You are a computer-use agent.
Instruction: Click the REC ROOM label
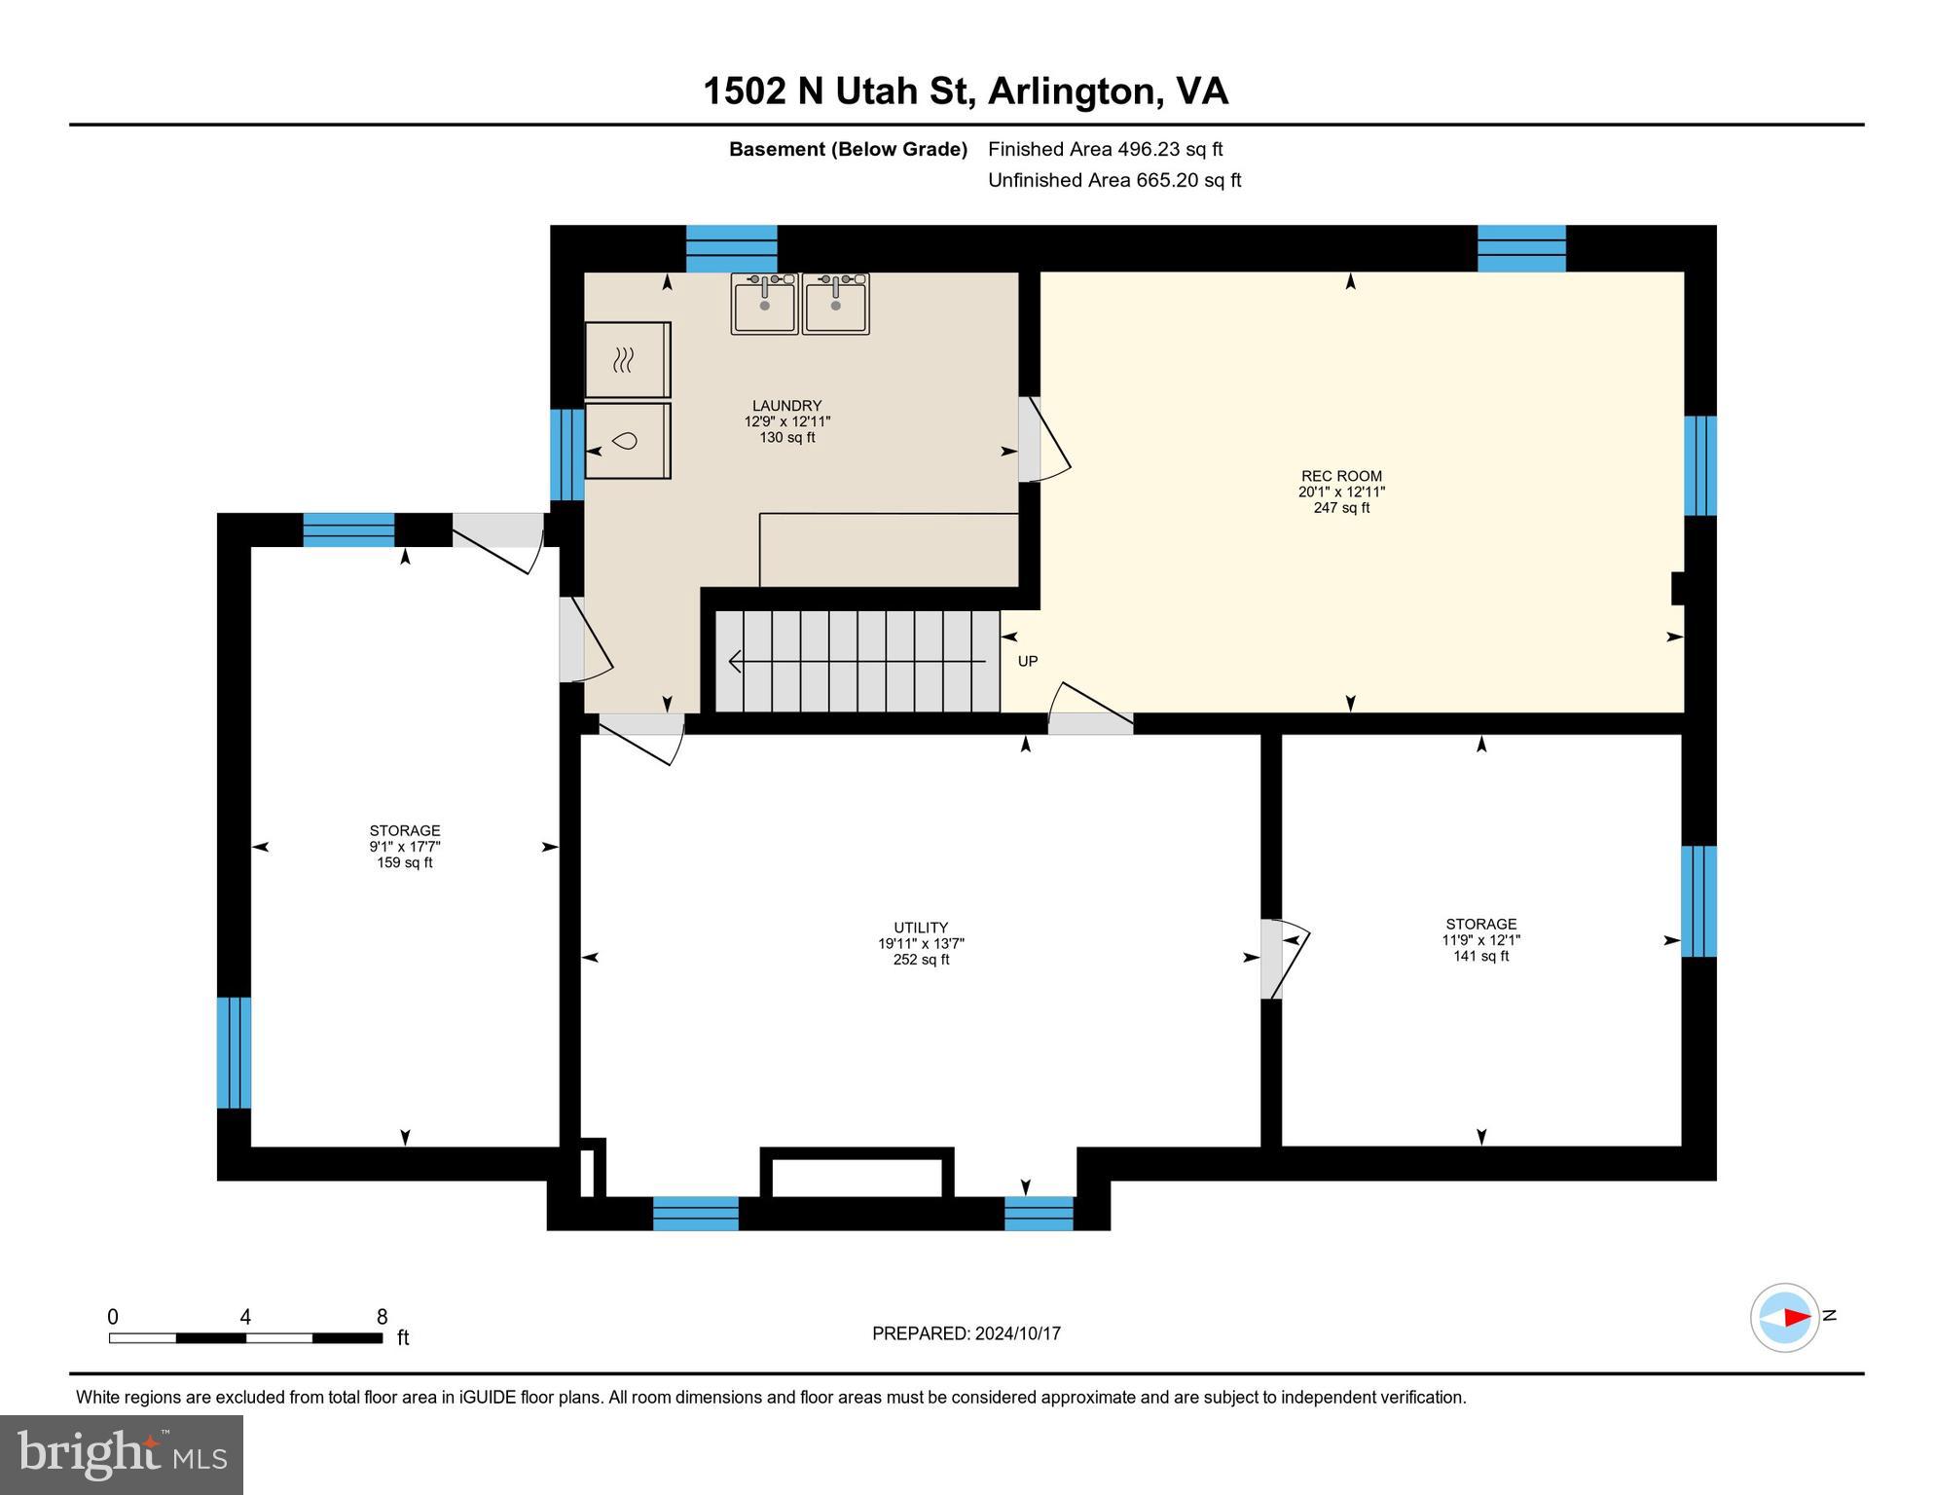pyautogui.click(x=1341, y=476)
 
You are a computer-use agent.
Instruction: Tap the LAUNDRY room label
pyautogui.click(x=786, y=406)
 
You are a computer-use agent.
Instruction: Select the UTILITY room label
pyautogui.click(x=921, y=928)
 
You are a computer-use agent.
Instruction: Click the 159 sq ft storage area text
pyautogui.click(x=405, y=862)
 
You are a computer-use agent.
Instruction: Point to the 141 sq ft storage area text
pyautogui.click(x=1480, y=956)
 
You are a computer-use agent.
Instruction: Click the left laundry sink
pyautogui.click(x=764, y=305)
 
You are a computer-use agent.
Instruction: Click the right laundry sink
pyautogui.click(x=835, y=305)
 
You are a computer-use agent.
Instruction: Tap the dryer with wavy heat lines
pyautogui.click(x=628, y=360)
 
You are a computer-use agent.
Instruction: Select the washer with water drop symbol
pyautogui.click(x=628, y=441)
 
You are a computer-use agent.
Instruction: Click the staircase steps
pyautogui.click(x=857, y=662)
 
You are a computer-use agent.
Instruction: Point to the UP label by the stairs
pyautogui.click(x=1028, y=662)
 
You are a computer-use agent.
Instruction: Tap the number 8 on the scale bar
pyautogui.click(x=382, y=1317)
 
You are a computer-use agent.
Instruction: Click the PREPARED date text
pyautogui.click(x=966, y=1333)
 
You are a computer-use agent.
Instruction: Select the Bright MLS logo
pyautogui.click(x=122, y=1454)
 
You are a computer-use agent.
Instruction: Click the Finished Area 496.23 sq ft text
pyautogui.click(x=1105, y=149)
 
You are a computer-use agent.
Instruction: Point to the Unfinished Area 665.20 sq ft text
pyautogui.click(x=1114, y=180)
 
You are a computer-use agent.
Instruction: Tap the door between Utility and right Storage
pyautogui.click(x=1283, y=959)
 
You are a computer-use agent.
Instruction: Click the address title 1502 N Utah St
pyautogui.click(x=965, y=91)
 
